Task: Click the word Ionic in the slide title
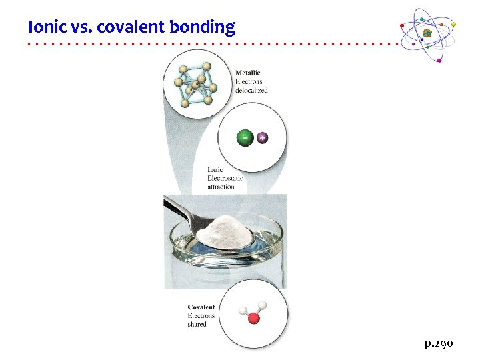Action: [x=43, y=27]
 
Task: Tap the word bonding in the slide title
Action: [x=202, y=28]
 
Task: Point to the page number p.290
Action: [x=439, y=343]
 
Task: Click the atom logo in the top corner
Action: [x=427, y=33]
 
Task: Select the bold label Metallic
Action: [x=247, y=73]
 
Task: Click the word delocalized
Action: [x=251, y=90]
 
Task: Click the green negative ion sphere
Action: [x=245, y=138]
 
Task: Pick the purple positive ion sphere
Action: [x=263, y=137]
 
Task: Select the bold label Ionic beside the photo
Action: [x=215, y=169]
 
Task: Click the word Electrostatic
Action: [x=225, y=178]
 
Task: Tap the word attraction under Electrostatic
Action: [x=221, y=187]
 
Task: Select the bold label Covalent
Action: [x=201, y=307]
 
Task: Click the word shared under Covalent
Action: [x=197, y=325]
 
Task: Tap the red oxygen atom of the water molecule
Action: [x=253, y=319]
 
